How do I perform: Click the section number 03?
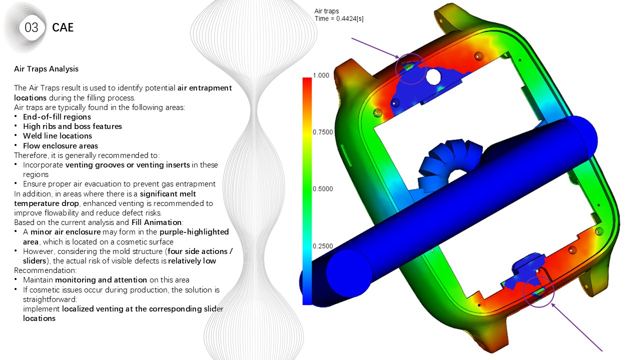(31, 27)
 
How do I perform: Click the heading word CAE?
(63, 27)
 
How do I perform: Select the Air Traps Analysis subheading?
(46, 69)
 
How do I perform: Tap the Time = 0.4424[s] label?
(339, 18)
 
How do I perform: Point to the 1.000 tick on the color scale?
(321, 75)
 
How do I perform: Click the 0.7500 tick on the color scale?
(323, 132)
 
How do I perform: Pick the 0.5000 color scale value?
(323, 189)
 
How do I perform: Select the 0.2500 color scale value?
(323, 246)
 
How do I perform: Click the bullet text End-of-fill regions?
(57, 117)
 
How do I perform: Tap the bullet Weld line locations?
(57, 135)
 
